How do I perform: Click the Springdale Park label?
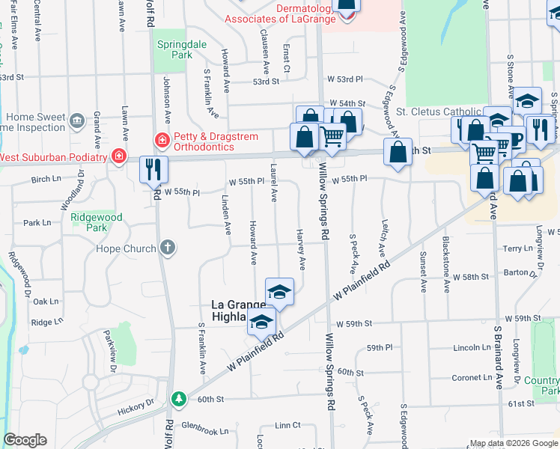[x=175, y=49]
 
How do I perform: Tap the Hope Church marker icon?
[x=168, y=248]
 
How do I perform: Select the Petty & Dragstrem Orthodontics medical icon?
[x=162, y=140]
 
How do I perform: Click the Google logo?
[x=25, y=440]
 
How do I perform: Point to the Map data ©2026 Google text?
[x=514, y=443]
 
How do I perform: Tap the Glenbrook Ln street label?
[x=204, y=431]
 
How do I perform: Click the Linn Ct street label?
[x=287, y=425]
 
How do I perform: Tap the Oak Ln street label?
[x=45, y=302]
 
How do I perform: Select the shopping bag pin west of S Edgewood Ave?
[x=398, y=152]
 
